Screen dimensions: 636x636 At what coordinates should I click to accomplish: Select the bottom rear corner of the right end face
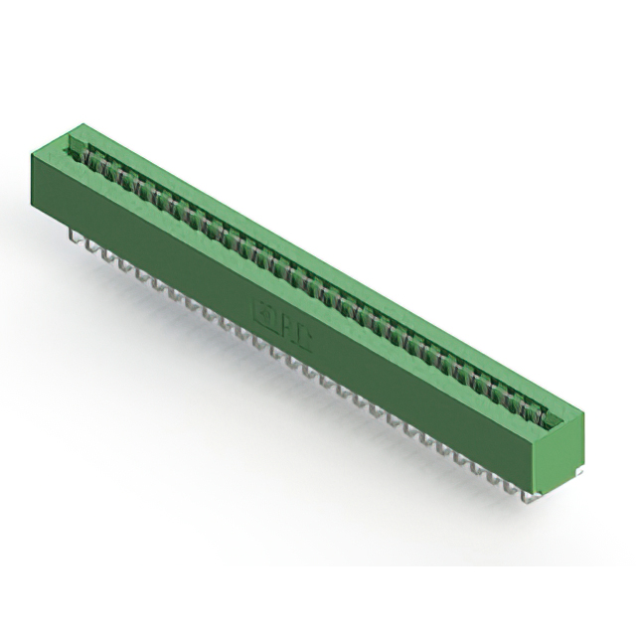(x=583, y=467)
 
